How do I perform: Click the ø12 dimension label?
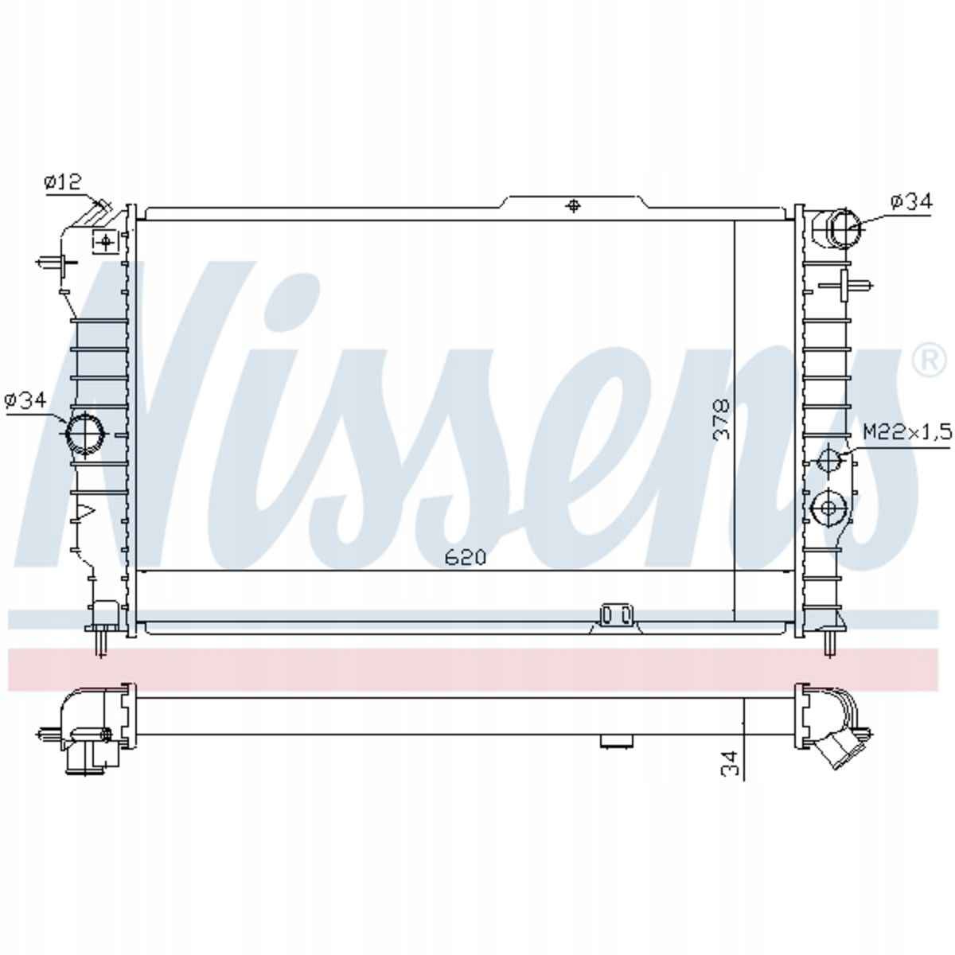(x=62, y=182)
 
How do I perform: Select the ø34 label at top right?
(x=911, y=201)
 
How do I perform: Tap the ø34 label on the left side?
(x=25, y=400)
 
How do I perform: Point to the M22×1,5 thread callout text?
(x=908, y=432)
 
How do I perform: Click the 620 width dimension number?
(x=466, y=558)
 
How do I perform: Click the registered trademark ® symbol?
(x=932, y=361)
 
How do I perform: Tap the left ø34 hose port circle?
(x=84, y=433)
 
